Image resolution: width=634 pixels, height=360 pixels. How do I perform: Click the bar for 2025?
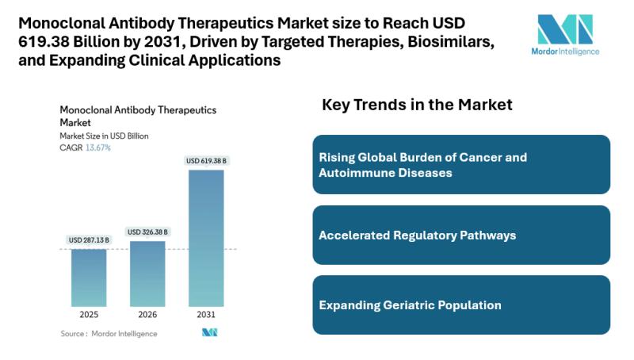point(89,278)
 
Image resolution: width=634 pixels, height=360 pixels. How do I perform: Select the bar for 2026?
point(147,274)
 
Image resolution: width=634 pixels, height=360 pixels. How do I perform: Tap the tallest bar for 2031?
point(206,238)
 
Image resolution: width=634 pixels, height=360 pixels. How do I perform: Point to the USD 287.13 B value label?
point(89,239)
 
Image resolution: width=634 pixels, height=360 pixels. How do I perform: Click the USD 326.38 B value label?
point(147,232)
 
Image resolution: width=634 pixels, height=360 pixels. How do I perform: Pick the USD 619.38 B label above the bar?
point(206,161)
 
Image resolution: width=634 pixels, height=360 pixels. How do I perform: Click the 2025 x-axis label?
point(89,314)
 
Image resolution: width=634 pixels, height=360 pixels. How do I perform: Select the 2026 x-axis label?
point(147,314)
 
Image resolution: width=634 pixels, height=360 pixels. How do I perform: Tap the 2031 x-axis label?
point(206,314)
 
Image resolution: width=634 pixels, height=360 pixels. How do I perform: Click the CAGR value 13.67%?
point(97,147)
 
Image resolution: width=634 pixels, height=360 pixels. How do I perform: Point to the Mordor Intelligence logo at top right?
point(565,35)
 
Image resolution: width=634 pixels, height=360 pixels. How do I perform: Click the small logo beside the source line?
point(209,332)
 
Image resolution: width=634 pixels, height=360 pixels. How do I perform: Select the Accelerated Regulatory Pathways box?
point(461,235)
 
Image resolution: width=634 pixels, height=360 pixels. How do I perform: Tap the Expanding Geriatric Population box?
point(461,305)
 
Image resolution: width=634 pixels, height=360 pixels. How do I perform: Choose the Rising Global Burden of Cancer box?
point(461,165)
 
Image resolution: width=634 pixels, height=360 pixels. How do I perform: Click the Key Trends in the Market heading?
point(418,105)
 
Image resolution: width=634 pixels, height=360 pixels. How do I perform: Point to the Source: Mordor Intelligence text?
point(109,334)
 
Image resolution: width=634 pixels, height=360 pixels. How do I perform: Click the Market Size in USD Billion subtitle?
point(104,136)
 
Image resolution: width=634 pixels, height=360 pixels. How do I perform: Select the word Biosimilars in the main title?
point(451,42)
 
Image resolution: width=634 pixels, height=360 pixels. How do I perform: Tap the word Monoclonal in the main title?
point(62,23)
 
